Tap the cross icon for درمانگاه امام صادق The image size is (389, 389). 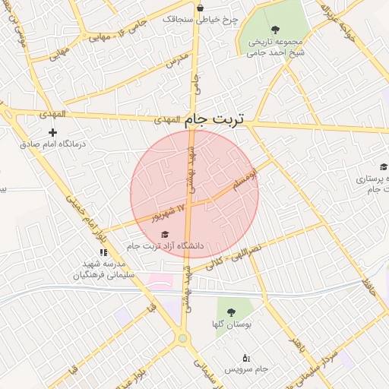tap(52, 133)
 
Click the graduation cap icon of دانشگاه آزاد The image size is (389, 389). tap(165, 233)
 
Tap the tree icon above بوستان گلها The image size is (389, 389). tap(231, 312)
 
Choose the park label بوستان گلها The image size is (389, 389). tap(231, 324)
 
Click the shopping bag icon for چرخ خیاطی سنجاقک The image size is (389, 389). tap(200, 8)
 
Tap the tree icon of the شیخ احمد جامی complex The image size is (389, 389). tap(275, 30)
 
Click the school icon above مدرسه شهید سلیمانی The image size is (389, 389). tap(103, 252)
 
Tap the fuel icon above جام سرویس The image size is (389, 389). tap(245, 357)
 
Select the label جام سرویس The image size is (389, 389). tap(245, 369)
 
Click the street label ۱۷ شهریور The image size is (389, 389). tap(166, 210)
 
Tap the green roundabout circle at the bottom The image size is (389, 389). tap(183, 339)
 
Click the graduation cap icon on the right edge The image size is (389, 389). tap(384, 167)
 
